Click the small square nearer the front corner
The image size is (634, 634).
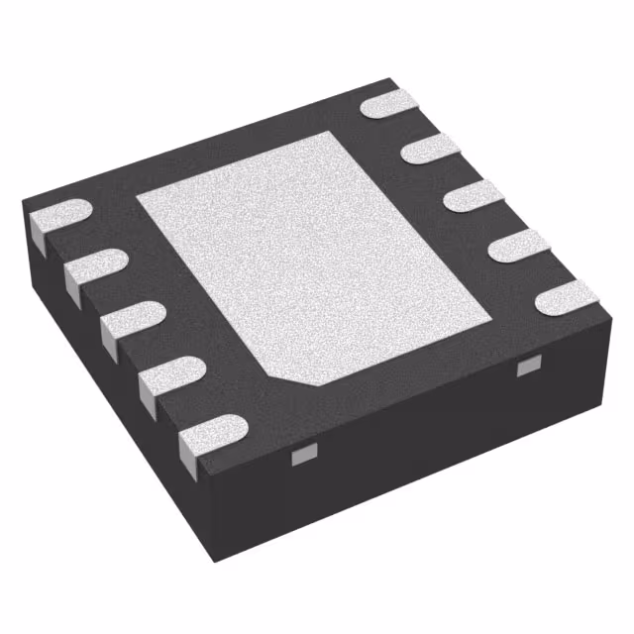click(301, 455)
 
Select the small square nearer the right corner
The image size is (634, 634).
click(526, 369)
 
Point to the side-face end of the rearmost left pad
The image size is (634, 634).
click(35, 232)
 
